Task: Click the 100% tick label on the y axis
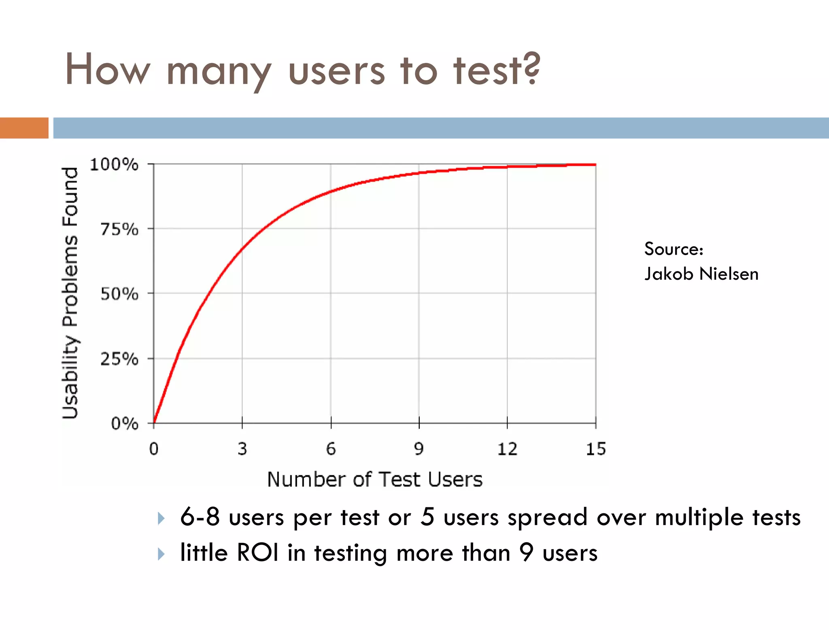click(x=114, y=165)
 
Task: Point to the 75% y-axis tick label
click(x=119, y=230)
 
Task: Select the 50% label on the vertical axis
click(x=119, y=294)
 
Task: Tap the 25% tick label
click(x=119, y=359)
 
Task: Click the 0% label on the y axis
click(x=125, y=424)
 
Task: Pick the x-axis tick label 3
click(x=242, y=449)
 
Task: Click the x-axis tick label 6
click(x=331, y=449)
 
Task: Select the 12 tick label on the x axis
click(x=507, y=449)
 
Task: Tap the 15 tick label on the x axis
click(x=596, y=449)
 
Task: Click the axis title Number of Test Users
click(x=375, y=479)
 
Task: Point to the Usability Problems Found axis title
click(x=70, y=293)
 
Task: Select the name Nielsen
click(x=729, y=274)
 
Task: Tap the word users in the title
click(x=336, y=71)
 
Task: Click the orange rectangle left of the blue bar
click(x=24, y=128)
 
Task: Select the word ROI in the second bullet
click(x=257, y=553)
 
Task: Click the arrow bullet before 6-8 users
click(x=161, y=518)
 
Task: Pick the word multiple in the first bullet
click(x=699, y=518)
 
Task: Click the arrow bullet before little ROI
click(x=161, y=553)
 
